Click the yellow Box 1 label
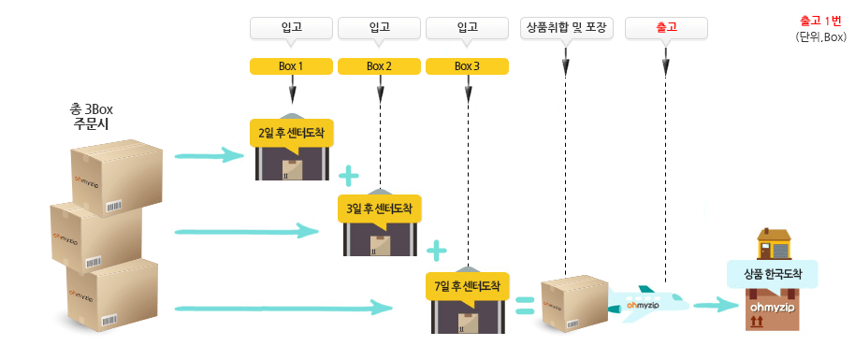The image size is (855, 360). tap(291, 66)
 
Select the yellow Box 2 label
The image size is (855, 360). tap(379, 66)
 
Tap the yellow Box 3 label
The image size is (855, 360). tap(467, 66)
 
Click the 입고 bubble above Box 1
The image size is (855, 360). tap(291, 28)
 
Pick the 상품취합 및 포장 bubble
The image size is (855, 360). tap(566, 28)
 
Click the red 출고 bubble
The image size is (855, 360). tap(665, 28)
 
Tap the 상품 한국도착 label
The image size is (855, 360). tap(773, 274)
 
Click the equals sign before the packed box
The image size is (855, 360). tap(525, 303)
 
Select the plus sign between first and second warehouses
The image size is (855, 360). tap(349, 174)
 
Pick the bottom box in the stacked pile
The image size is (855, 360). tap(112, 295)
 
